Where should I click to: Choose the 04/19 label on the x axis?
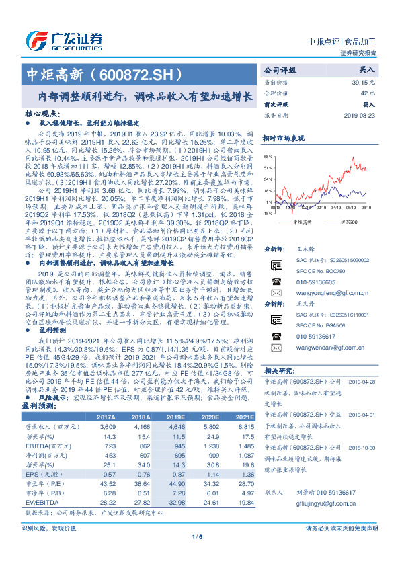click(x=331, y=208)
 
